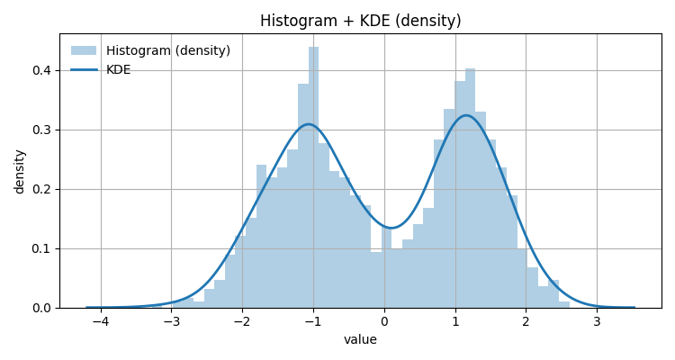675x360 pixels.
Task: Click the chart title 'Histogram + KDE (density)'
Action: (360, 21)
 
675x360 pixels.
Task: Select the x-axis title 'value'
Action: (360, 339)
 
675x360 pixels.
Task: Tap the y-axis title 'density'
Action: (20, 171)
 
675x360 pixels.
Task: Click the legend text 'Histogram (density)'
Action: (168, 50)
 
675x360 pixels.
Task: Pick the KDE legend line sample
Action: (84, 70)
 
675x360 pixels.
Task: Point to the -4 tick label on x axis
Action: (100, 321)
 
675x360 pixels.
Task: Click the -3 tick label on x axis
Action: (171, 321)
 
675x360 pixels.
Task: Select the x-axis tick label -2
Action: (242, 321)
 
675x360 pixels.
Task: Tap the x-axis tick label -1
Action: (312, 321)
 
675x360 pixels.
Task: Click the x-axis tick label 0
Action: (384, 321)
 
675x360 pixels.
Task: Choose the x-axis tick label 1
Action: (454, 321)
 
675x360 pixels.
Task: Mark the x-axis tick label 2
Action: (526, 321)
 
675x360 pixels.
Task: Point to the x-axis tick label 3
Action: (597, 321)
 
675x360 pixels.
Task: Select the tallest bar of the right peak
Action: (470, 188)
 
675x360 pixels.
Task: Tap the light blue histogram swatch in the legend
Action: (84, 50)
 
